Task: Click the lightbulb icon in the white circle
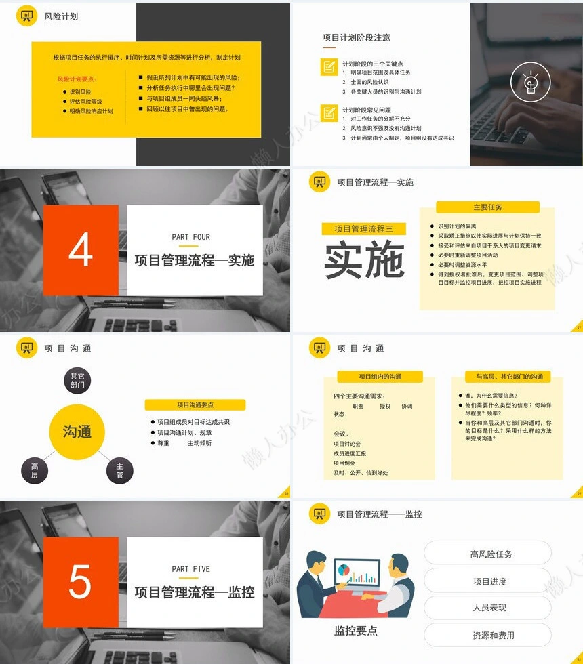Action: pyautogui.click(x=531, y=83)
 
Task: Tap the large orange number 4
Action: pyautogui.click(x=80, y=250)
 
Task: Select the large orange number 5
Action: pyautogui.click(x=80, y=581)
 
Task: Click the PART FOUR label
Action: pyautogui.click(x=191, y=237)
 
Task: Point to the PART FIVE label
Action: pyautogui.click(x=191, y=569)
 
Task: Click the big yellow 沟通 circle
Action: pyautogui.click(x=77, y=432)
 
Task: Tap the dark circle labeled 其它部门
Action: pyautogui.click(x=77, y=381)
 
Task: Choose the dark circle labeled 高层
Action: pyautogui.click(x=35, y=470)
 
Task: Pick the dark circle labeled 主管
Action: pyautogui.click(x=120, y=470)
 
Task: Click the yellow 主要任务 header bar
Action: pyautogui.click(x=487, y=207)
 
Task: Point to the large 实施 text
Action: pyautogui.click(x=364, y=260)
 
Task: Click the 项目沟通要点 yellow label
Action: pyautogui.click(x=195, y=404)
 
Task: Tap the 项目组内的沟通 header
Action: pyautogui.click(x=380, y=377)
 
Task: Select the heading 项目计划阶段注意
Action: pyautogui.click(x=357, y=38)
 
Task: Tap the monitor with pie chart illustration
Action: pyautogui.click(x=357, y=573)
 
